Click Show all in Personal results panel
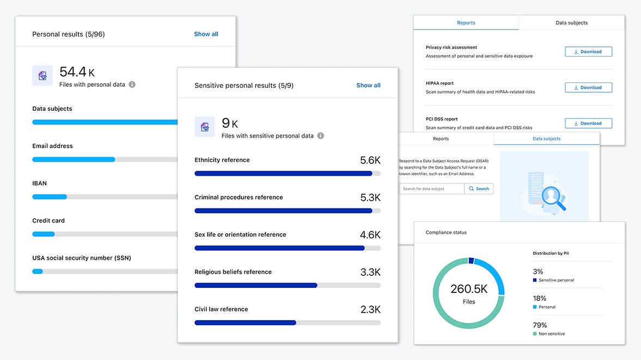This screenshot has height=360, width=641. [206, 34]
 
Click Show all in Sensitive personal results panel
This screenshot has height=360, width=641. [368, 85]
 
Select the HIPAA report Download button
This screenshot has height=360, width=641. [588, 87]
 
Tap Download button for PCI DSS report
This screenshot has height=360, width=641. [588, 123]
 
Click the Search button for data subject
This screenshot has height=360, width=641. [479, 189]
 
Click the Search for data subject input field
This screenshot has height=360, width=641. [432, 189]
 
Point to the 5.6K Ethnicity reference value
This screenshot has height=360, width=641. [370, 160]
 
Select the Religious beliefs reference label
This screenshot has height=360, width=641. [233, 272]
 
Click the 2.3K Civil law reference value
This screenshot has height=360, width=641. [370, 309]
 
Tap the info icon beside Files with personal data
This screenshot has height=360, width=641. [132, 85]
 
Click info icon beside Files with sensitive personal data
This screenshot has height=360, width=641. [320, 136]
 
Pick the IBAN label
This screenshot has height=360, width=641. [39, 183]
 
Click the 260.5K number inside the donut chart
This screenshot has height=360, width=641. [469, 289]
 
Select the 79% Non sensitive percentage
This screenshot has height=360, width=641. [540, 325]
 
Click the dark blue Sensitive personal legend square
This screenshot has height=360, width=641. [535, 280]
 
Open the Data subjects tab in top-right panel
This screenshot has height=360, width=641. [571, 23]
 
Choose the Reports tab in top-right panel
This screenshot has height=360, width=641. [466, 23]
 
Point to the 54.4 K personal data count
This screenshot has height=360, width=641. [77, 72]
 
